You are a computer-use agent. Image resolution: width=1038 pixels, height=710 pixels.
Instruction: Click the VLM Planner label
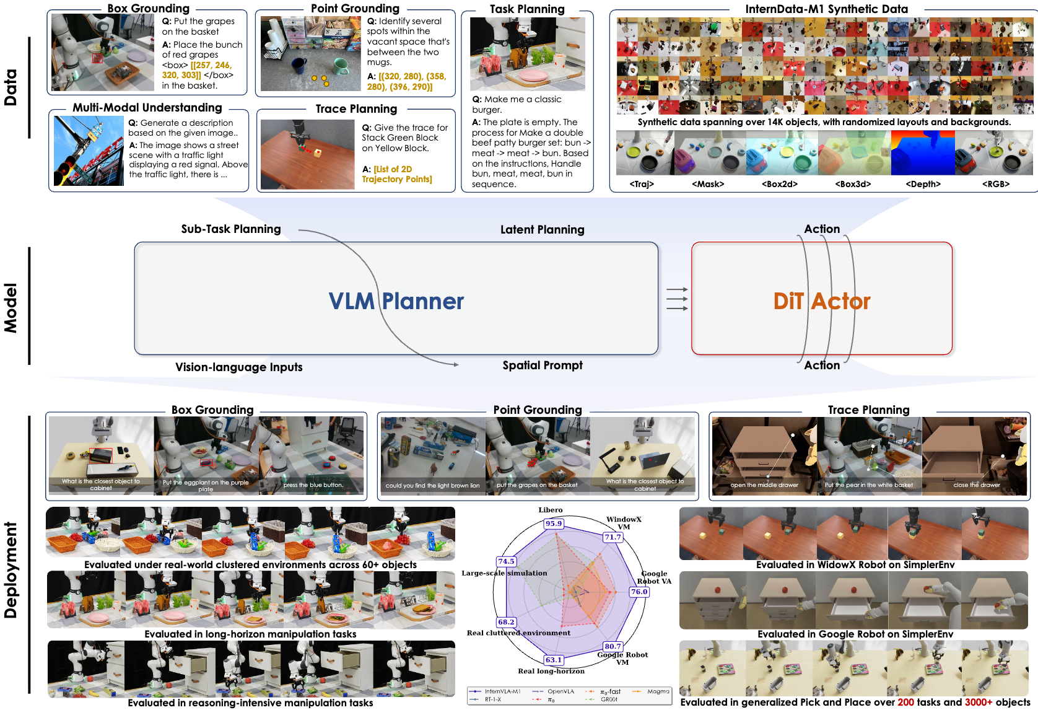click(396, 301)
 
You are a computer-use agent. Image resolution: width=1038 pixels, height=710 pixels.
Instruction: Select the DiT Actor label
click(821, 301)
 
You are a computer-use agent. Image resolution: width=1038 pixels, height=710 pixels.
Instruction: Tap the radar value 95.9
click(553, 524)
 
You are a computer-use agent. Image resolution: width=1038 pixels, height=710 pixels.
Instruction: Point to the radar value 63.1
click(553, 660)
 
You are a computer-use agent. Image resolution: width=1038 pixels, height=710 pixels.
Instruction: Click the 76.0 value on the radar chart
click(639, 592)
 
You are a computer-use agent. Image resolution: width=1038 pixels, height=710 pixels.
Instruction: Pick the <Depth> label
click(923, 184)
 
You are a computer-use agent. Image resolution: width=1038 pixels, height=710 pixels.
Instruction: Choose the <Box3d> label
click(852, 184)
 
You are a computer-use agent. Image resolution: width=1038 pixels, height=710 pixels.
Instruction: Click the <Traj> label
click(642, 184)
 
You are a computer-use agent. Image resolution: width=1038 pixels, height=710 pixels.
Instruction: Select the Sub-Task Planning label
click(230, 229)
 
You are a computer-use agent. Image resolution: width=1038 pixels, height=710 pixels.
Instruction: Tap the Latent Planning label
click(542, 230)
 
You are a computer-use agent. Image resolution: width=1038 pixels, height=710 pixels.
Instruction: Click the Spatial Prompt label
click(542, 366)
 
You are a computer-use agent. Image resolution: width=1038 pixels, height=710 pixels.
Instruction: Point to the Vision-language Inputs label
click(238, 367)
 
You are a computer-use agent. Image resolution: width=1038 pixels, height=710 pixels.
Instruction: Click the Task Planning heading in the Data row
click(527, 9)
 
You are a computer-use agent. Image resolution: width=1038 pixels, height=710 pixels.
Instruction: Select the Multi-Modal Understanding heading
click(147, 108)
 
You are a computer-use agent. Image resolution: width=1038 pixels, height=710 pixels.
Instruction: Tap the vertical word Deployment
click(11, 570)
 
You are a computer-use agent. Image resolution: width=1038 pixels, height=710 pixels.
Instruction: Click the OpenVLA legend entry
click(560, 691)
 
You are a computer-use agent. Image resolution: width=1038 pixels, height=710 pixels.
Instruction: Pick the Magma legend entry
click(658, 691)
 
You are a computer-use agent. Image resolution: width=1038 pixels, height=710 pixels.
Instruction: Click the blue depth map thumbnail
click(922, 154)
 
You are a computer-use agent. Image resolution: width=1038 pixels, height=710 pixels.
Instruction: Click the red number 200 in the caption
click(905, 703)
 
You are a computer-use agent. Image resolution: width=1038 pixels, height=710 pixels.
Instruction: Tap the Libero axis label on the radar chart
click(550, 510)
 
